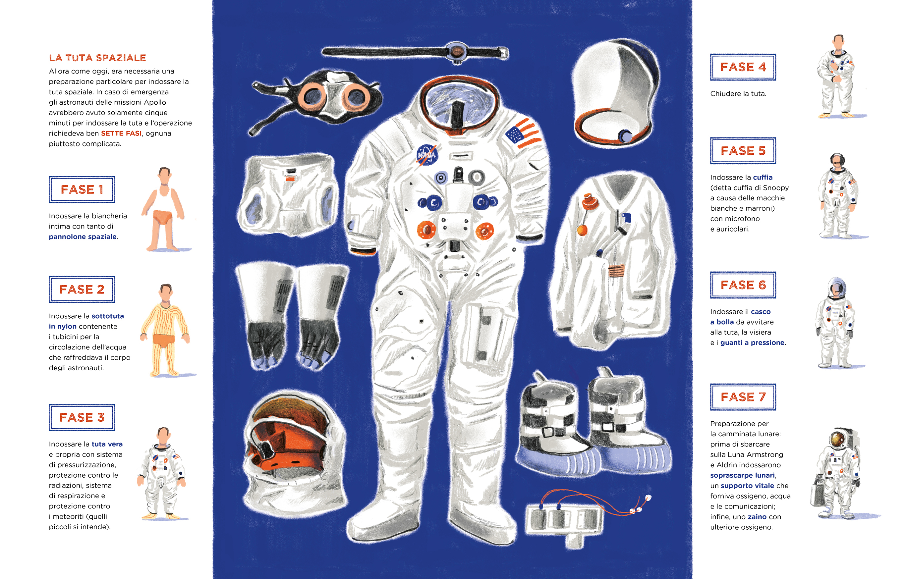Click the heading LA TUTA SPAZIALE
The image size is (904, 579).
[97, 58]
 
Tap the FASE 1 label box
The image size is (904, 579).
[82, 189]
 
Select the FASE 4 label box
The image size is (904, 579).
[743, 67]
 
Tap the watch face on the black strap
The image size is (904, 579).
[456, 52]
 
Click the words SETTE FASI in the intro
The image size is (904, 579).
[121, 133]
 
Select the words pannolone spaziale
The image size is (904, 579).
[83, 237]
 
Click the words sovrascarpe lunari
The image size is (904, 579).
[742, 475]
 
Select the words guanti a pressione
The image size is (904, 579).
[753, 343]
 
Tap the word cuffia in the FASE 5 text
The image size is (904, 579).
[763, 178]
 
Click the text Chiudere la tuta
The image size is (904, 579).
[738, 94]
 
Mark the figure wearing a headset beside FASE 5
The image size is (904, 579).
[838, 195]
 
